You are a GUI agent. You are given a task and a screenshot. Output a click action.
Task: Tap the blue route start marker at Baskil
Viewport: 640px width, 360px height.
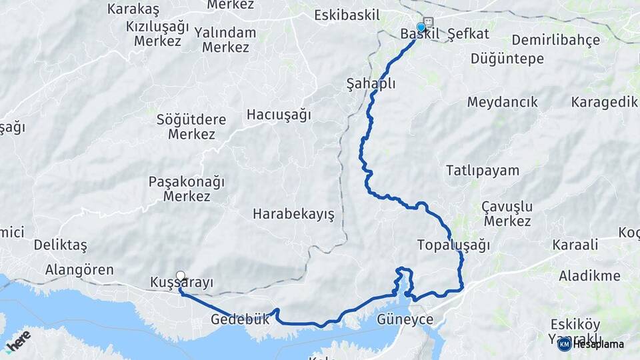click(x=421, y=28)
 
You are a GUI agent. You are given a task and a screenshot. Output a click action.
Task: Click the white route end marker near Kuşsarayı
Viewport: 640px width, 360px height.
click(x=180, y=275)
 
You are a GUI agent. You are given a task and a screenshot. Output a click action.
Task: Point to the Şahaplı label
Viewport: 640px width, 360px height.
click(x=371, y=84)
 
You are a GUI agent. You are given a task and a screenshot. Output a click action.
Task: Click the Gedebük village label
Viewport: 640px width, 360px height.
click(x=240, y=319)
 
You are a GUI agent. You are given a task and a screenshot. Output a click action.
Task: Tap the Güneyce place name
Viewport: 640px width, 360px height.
click(x=405, y=319)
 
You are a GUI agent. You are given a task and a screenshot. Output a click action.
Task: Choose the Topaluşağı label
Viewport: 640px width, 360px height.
click(x=453, y=245)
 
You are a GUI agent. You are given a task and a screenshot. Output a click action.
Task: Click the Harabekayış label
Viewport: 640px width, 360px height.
click(x=293, y=214)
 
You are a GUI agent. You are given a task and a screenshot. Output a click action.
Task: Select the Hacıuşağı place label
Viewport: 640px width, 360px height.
click(x=279, y=115)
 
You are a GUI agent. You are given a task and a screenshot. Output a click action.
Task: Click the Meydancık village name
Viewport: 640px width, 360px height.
click(x=502, y=103)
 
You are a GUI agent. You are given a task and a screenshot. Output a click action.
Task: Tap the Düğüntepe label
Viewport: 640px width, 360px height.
click(x=507, y=59)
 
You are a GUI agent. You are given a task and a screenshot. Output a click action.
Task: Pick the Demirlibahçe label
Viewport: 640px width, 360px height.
click(x=555, y=40)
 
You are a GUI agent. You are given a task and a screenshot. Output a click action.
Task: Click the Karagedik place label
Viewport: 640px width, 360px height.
click(x=604, y=102)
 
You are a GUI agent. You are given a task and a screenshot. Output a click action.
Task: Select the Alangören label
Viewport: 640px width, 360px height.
click(x=79, y=270)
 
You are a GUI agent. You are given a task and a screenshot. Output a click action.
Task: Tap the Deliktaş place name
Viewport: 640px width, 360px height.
click(x=60, y=245)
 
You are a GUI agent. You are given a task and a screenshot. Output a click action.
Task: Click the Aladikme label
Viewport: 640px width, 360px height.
click(x=589, y=276)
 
